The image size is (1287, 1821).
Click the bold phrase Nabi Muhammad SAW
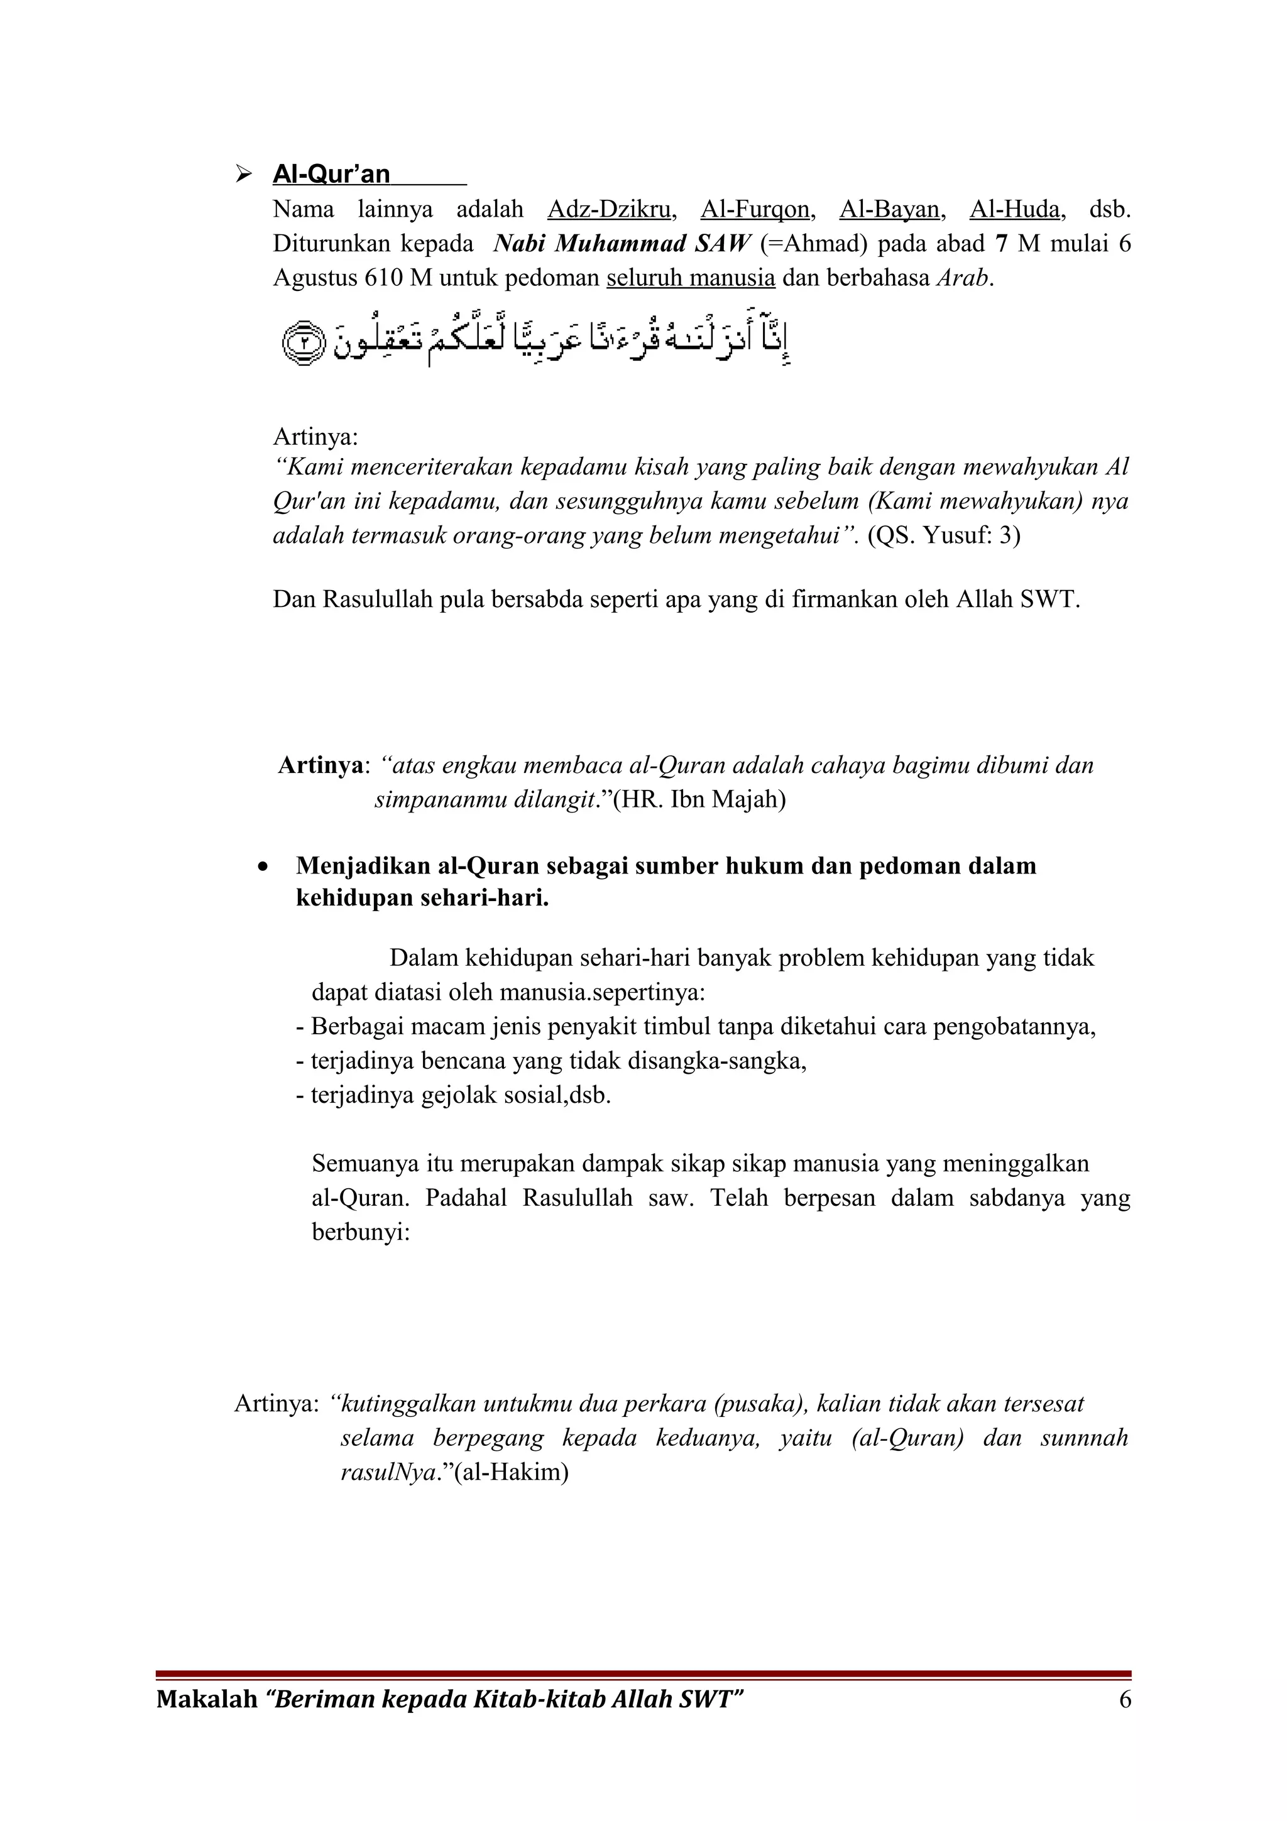click(621, 243)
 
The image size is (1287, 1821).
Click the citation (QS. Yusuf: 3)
click(944, 535)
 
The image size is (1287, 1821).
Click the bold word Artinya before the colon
click(320, 765)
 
